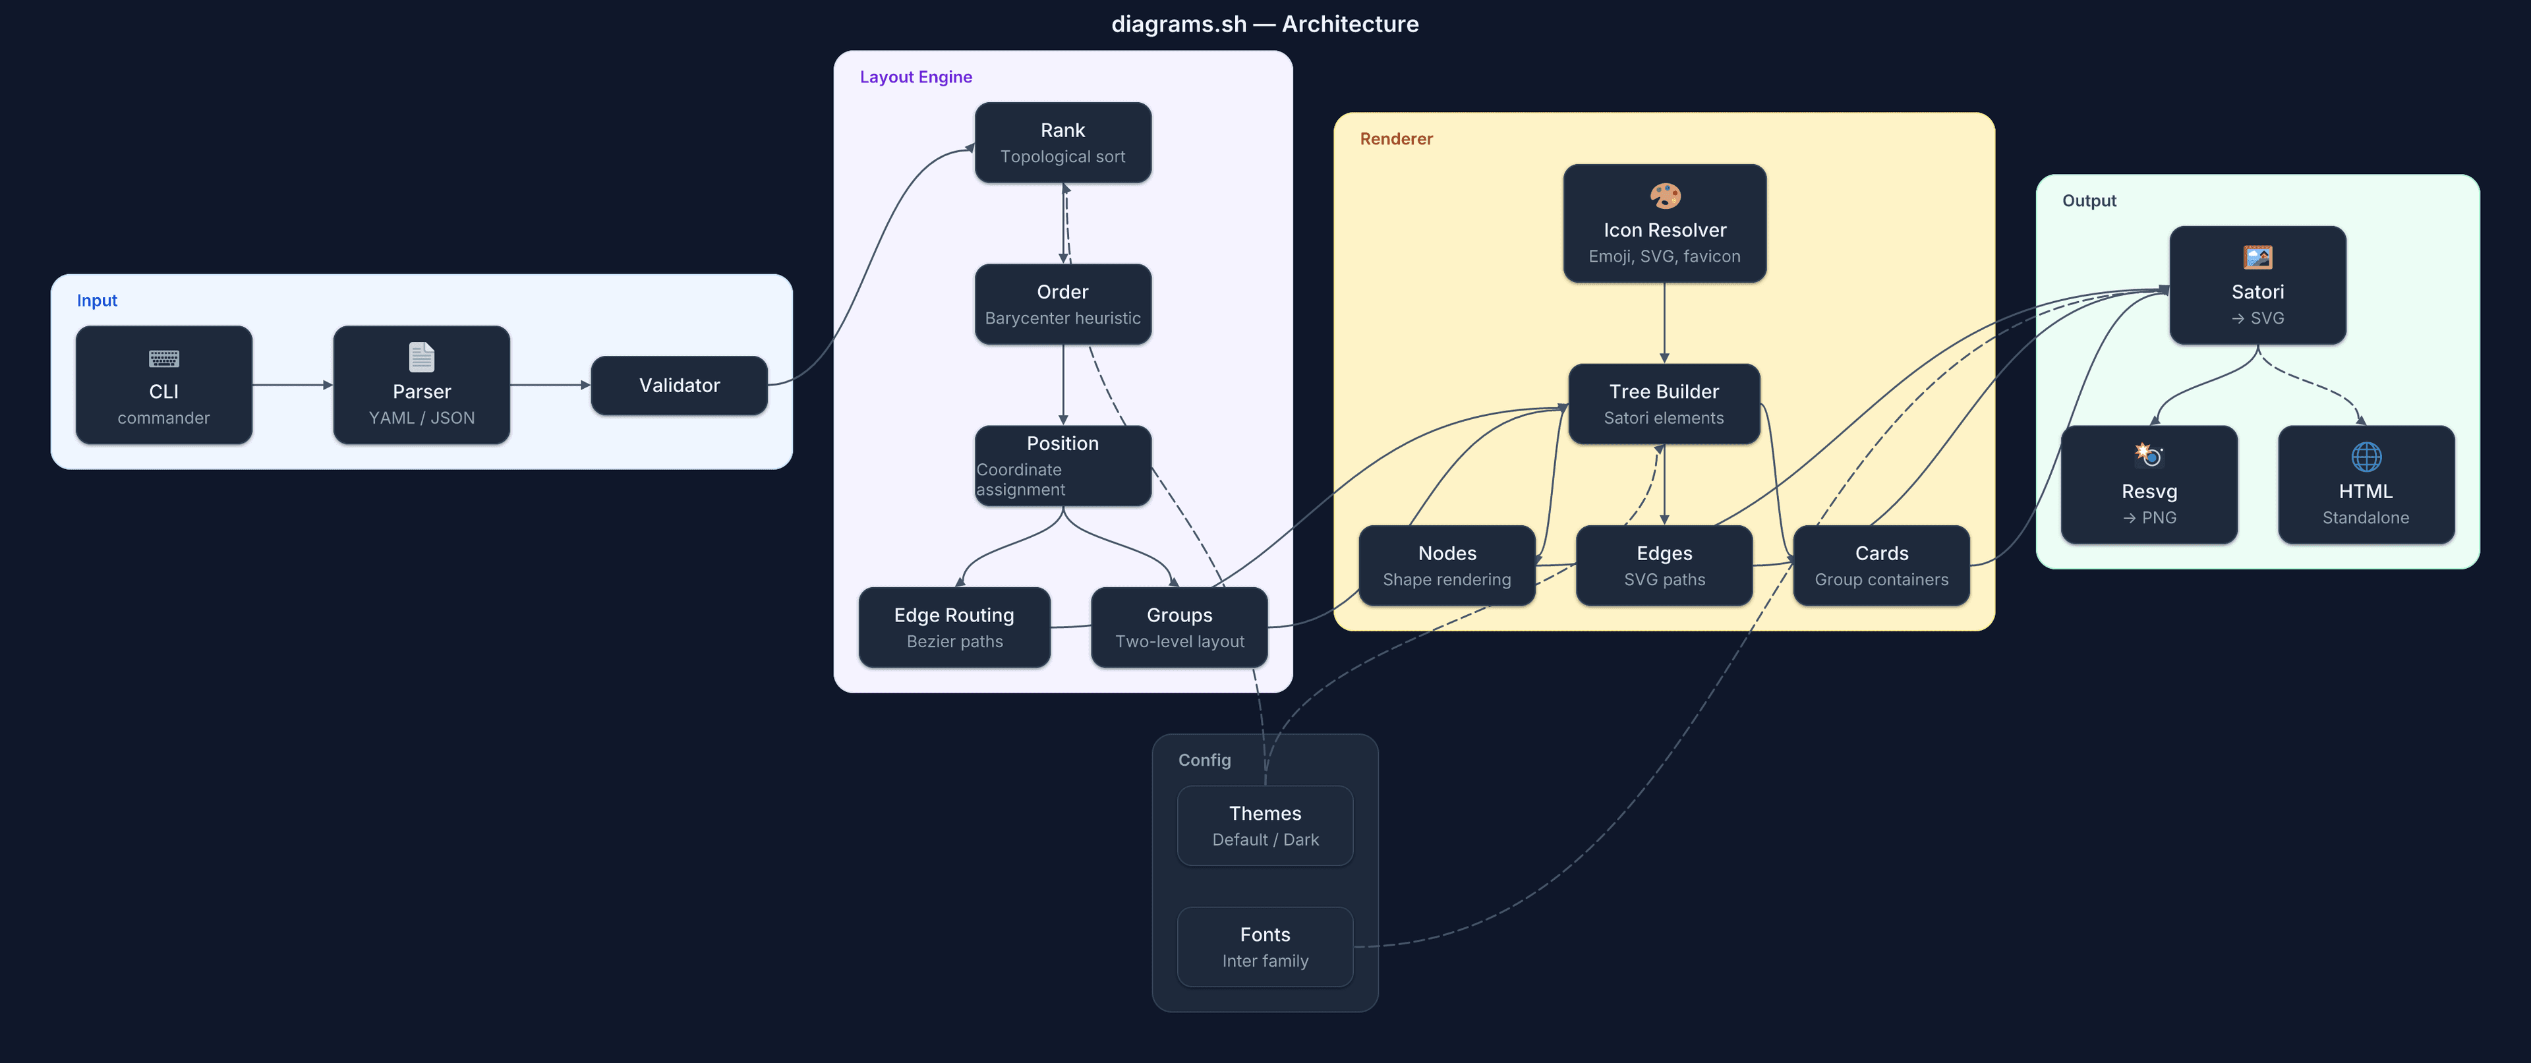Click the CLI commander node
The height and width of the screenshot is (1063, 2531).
pos(163,385)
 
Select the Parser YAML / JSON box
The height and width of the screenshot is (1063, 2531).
pos(422,385)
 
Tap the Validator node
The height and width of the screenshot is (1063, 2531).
pos(679,385)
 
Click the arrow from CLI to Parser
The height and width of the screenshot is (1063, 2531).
pos(292,385)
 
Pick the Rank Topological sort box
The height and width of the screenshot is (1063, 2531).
pos(1062,142)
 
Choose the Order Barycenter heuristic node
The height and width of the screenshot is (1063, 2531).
pos(1062,304)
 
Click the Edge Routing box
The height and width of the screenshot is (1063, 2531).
pos(954,627)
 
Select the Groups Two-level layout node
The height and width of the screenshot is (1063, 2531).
pos(1179,627)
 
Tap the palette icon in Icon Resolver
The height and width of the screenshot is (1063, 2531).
pos(1664,196)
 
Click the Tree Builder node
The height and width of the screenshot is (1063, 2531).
pos(1664,404)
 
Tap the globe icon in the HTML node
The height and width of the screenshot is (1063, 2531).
pos(2366,456)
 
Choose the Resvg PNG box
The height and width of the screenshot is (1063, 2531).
pos(2149,484)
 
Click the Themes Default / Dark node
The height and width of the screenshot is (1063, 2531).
pos(1265,825)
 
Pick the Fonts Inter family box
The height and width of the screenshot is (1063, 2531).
pos(1265,946)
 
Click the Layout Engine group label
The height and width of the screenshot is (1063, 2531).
pos(916,76)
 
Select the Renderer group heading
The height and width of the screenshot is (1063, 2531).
pos(1395,138)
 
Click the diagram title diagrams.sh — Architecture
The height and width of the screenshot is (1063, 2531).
pos(1265,24)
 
